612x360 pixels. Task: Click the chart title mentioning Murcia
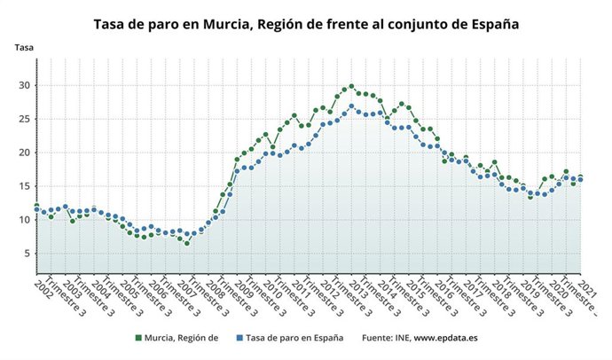306,24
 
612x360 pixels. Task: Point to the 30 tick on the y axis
26,85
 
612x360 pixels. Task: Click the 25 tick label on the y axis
26,119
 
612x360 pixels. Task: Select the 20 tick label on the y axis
26,153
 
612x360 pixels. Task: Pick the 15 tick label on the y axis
26,186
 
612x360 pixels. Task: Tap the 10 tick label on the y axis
26,220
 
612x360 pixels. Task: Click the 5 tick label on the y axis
28,254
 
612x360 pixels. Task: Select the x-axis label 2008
215,288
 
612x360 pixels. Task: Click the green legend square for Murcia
137,338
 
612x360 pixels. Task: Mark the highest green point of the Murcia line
351,86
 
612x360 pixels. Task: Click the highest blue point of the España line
351,106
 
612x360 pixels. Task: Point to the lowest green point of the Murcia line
187,243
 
